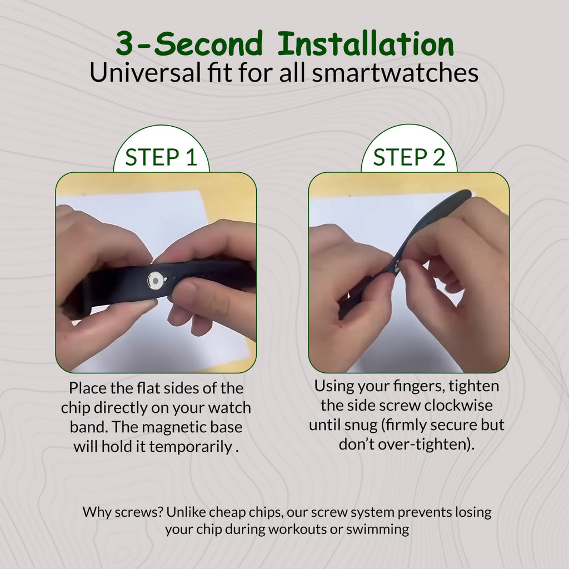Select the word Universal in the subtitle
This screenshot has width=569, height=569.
point(145,73)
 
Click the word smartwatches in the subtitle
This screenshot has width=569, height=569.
point(395,73)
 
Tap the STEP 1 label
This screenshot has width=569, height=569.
point(161,157)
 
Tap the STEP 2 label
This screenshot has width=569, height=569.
point(409,157)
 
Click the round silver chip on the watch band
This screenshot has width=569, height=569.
point(156,281)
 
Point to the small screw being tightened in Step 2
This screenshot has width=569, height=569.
point(396,268)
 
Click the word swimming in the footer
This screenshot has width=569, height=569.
point(377,530)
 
